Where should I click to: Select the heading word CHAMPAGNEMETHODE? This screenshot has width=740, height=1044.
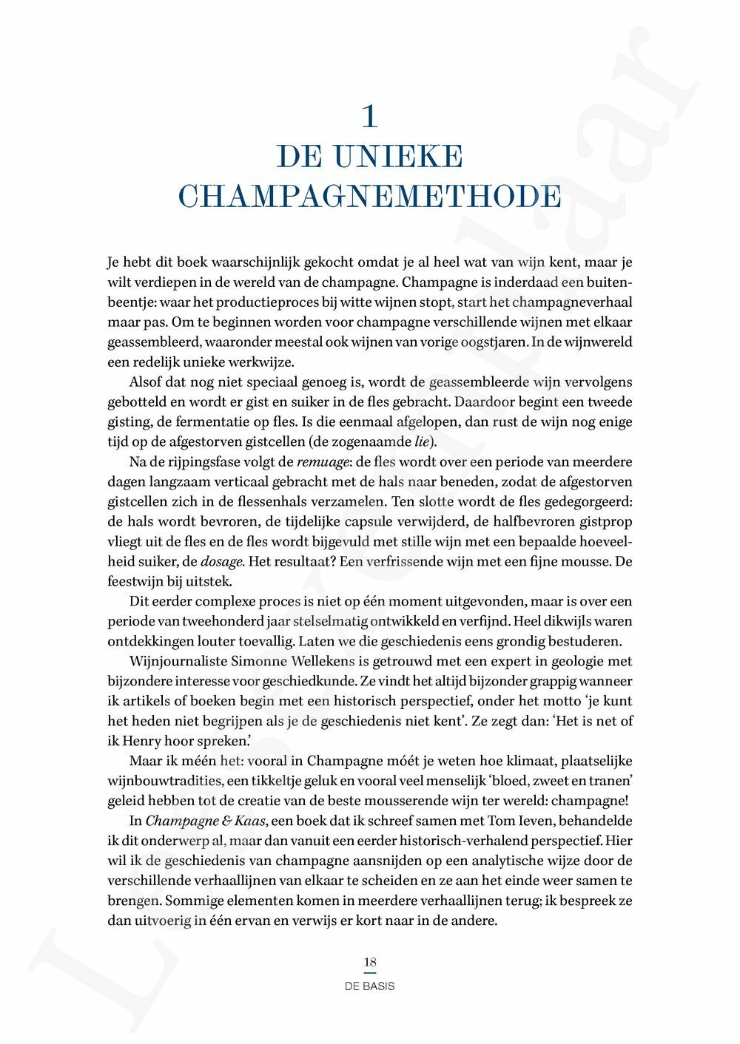point(370,197)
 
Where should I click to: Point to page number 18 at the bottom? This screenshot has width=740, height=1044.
point(370,962)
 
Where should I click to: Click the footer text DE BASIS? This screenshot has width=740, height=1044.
point(370,986)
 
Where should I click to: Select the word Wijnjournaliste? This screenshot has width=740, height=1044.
point(179,661)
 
